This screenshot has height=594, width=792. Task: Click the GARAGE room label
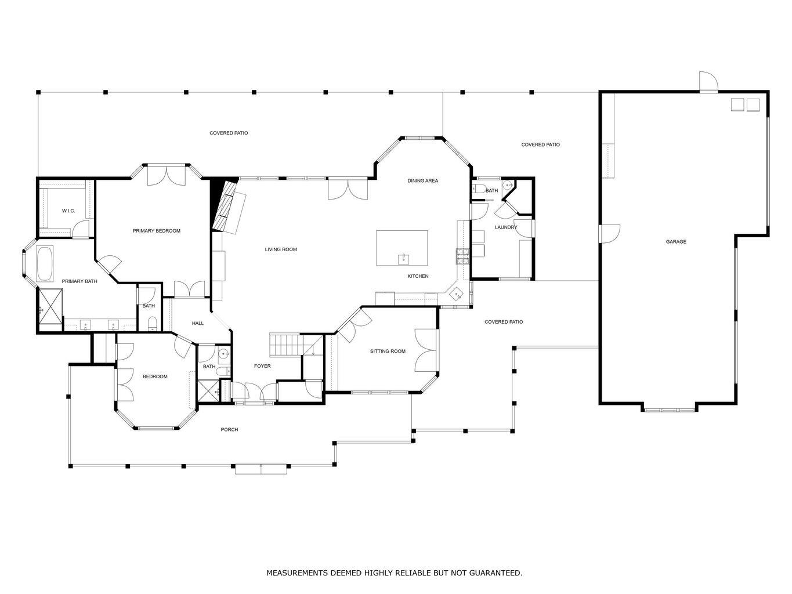point(675,242)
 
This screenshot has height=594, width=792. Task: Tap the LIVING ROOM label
point(281,249)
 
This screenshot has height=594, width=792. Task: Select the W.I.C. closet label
point(68,211)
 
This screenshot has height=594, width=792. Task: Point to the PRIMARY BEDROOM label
point(156,231)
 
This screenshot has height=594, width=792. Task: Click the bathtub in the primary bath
point(45,265)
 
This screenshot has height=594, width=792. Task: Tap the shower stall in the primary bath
point(50,306)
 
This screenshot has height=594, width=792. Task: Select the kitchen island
point(402,248)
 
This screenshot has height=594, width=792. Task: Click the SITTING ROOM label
point(388,351)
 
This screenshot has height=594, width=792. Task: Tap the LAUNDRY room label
point(505,227)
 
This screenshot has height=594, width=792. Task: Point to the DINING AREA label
point(422,181)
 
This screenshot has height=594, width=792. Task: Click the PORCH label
point(229,430)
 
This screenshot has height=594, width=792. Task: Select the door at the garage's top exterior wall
point(708,83)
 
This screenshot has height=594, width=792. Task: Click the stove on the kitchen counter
point(462,256)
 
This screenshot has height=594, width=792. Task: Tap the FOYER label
point(262,366)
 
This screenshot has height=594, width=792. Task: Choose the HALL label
point(198,323)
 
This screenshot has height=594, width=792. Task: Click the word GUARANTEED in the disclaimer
point(496,573)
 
